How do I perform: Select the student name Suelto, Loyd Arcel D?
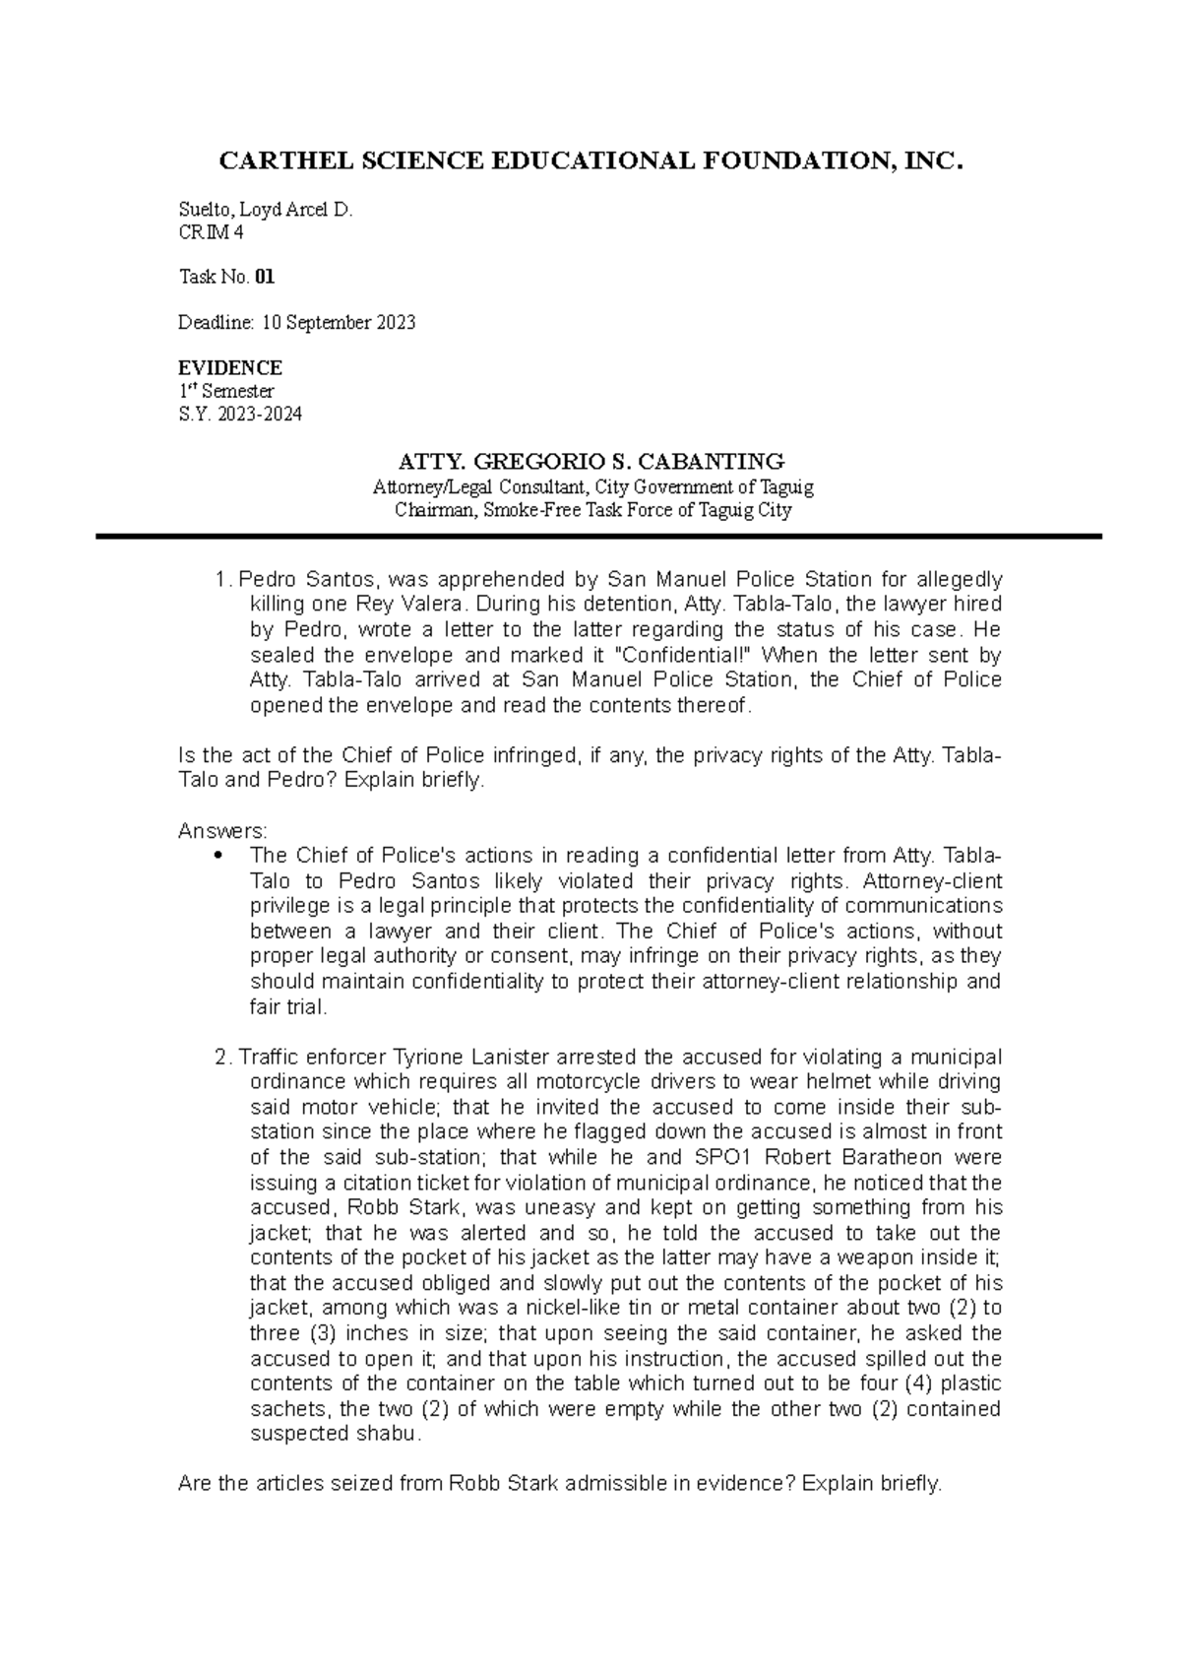tap(265, 210)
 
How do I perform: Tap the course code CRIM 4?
tap(211, 232)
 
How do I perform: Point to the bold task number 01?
tap(265, 278)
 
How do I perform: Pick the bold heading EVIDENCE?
tap(229, 368)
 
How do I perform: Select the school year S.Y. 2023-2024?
tap(240, 415)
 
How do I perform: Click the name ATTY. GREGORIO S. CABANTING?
tap(590, 461)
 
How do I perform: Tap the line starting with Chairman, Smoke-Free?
tap(592, 510)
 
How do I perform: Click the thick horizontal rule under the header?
tap(598, 537)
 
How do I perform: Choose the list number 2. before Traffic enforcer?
tap(222, 1058)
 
